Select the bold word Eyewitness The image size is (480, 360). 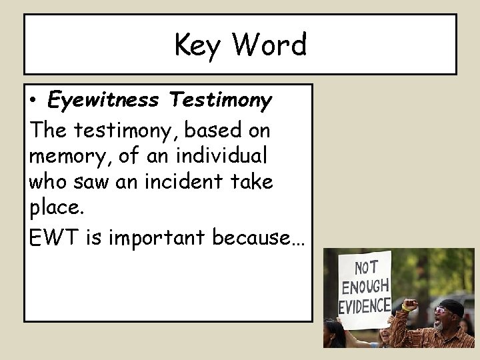103,100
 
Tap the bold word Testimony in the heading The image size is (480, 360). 220,101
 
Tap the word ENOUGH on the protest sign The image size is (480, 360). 365,287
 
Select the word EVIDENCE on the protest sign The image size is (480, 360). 365,306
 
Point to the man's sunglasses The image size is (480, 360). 441,311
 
